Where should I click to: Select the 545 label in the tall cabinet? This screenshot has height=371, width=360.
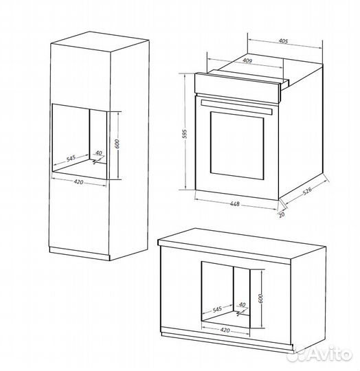(71, 157)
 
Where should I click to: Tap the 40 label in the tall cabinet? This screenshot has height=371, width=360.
(98, 153)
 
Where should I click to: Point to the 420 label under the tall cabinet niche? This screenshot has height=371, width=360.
(78, 182)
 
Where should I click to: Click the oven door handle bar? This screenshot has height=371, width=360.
(236, 107)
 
